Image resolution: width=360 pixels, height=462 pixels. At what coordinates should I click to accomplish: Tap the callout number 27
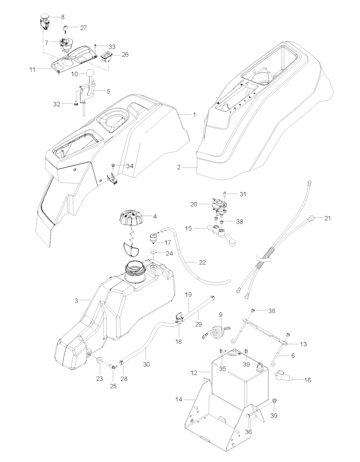coord(83,28)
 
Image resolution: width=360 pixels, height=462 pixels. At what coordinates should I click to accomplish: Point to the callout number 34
coord(130,166)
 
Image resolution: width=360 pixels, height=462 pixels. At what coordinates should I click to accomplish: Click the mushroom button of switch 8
coord(44,17)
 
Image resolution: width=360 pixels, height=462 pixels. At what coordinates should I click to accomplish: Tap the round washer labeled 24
coord(154,252)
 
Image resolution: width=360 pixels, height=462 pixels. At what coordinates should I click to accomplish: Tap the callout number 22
coord(202,262)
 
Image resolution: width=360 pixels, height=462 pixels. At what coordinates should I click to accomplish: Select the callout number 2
coord(179,167)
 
